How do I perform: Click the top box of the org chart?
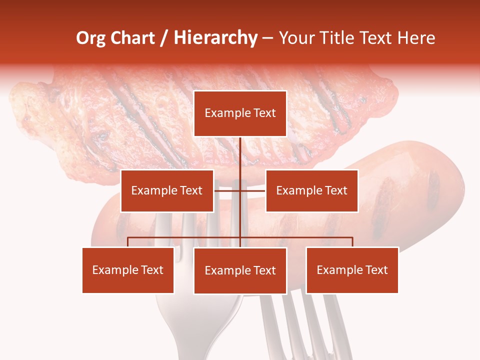pos(240,113)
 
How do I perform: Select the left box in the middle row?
pos(167,190)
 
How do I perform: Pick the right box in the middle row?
pos(311,190)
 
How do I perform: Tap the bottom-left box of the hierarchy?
pos(128,270)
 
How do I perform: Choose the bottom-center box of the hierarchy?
pos(240,270)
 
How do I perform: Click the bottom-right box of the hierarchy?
pos(352,270)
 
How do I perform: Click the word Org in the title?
pos(90,38)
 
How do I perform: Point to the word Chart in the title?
pos(132,38)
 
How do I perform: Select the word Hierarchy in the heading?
pos(215,38)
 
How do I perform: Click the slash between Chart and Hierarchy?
pos(164,38)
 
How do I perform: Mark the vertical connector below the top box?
pos(240,155)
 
